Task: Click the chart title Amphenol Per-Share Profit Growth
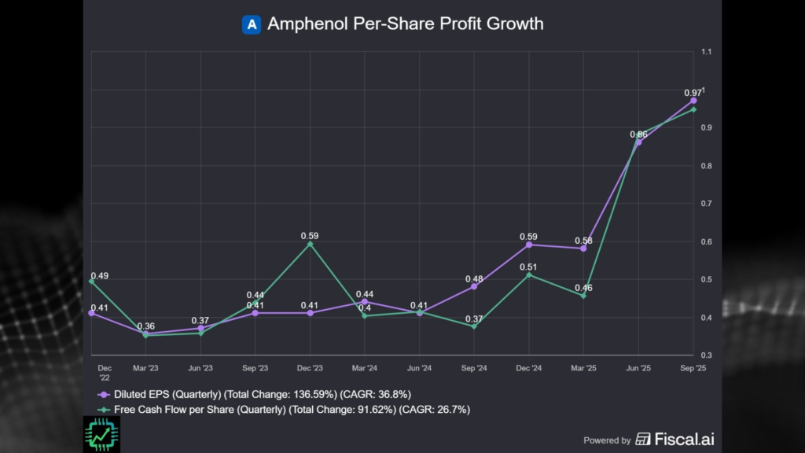pos(405,24)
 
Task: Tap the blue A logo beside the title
pos(252,24)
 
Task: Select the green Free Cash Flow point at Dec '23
pos(310,244)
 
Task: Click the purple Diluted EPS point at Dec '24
pos(529,245)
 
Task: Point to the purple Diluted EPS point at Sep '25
pos(693,101)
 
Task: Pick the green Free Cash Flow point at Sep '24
pos(474,326)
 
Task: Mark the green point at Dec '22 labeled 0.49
pos(91,281)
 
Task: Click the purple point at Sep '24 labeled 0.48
pos(474,286)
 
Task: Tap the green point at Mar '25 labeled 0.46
pos(583,296)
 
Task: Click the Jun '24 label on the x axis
pos(420,368)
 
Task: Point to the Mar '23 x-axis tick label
pos(145,368)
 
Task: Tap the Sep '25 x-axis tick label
pos(693,368)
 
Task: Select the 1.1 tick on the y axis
pos(705,52)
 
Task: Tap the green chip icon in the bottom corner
pos(101,434)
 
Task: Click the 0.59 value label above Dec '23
pos(310,235)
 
